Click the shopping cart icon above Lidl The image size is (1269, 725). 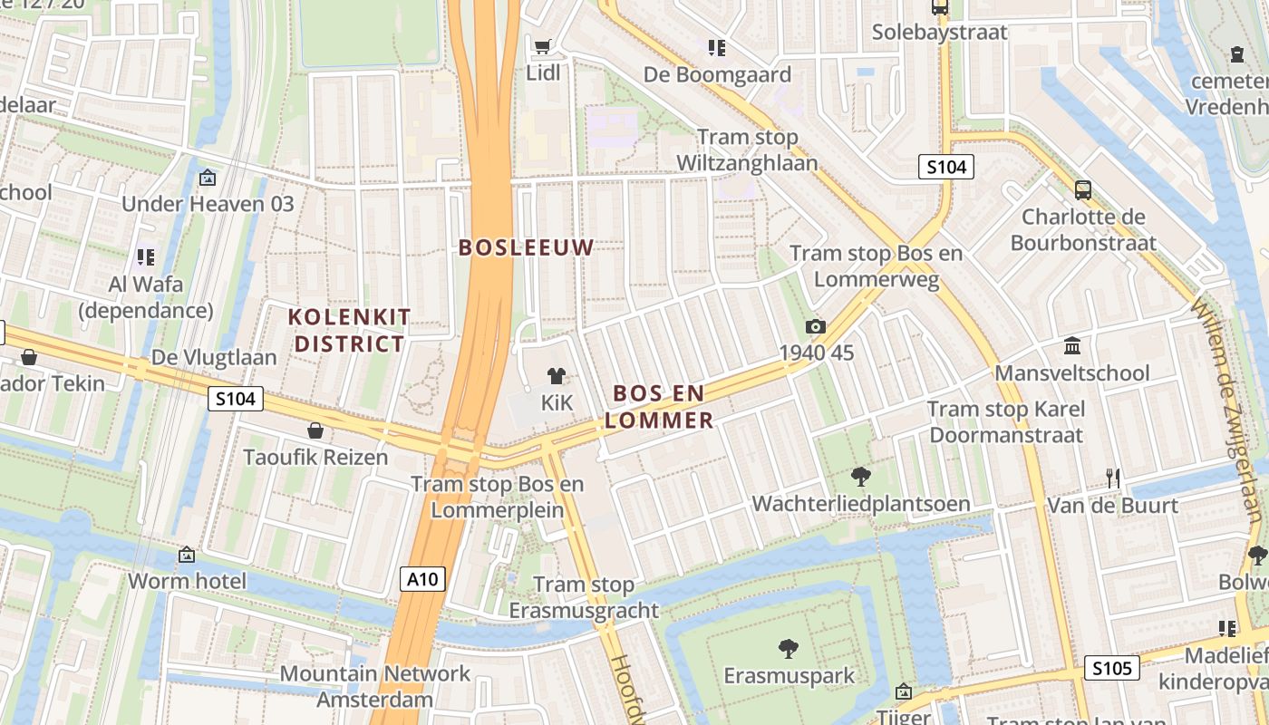tap(542, 46)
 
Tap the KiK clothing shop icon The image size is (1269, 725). tap(557, 375)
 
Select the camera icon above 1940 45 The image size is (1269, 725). tap(816, 326)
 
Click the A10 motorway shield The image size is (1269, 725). tap(422, 579)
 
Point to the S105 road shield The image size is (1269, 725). tap(1111, 669)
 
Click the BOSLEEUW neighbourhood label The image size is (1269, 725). tap(526, 247)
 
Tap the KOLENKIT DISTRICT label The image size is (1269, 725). tap(349, 330)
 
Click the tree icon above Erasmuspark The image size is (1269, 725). tap(789, 648)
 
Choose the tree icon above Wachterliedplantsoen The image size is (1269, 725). tap(860, 476)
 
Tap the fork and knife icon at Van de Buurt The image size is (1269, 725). tap(1113, 478)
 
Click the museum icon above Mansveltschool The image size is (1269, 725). tap(1072, 346)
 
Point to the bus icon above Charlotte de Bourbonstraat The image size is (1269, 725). tap(1083, 190)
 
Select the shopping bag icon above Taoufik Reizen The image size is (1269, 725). tap(315, 430)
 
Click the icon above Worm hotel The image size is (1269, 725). tap(187, 554)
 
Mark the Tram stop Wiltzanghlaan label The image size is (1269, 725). tap(748, 150)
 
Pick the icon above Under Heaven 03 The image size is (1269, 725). tap(208, 178)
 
